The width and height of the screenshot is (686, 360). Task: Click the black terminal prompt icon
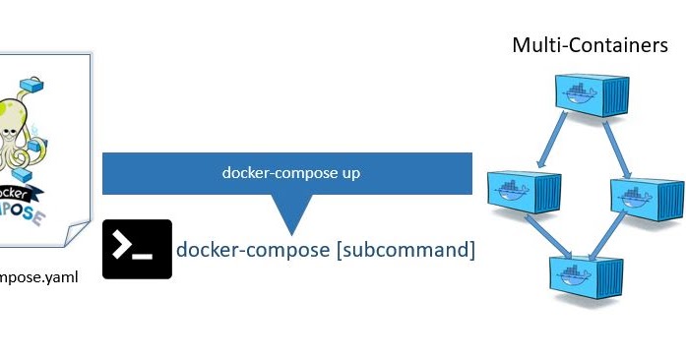pos(137,249)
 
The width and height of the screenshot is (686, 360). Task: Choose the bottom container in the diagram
pos(588,267)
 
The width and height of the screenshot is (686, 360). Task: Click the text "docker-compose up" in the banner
pos(290,173)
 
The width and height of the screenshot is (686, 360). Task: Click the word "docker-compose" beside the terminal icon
pos(253,250)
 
